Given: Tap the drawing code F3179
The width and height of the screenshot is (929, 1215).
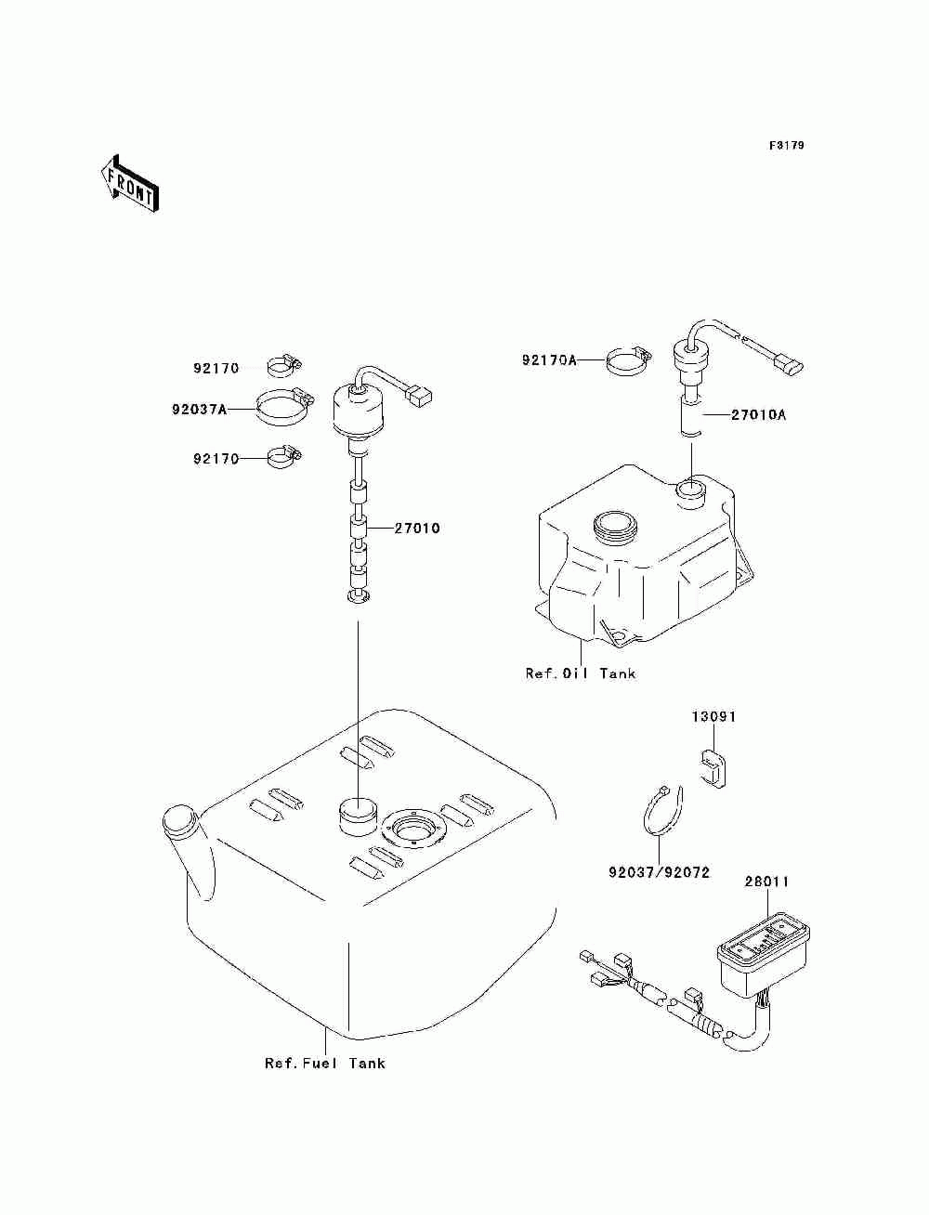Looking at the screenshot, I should pos(786,146).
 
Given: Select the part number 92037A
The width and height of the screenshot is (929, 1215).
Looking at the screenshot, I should pos(199,408).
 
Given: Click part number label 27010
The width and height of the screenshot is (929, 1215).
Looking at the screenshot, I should pos(417,529).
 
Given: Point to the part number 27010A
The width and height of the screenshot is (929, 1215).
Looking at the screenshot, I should pos(758,415).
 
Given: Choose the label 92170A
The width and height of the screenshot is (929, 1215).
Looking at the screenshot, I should pos(549,359).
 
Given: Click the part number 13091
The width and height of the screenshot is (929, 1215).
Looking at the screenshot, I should pos(713,717).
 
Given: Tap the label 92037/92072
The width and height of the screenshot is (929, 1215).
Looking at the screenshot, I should pos(659,873).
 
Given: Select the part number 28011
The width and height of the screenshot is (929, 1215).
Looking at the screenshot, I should pos(766,882).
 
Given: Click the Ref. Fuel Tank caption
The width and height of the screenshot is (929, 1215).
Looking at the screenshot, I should pos(324,1064).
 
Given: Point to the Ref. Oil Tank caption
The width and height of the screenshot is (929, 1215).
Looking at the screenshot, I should pos(581,673).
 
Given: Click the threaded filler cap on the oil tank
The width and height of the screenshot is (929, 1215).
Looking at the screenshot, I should pos(613,529).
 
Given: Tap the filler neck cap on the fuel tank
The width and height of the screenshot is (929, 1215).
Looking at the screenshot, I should pos(179,821).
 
